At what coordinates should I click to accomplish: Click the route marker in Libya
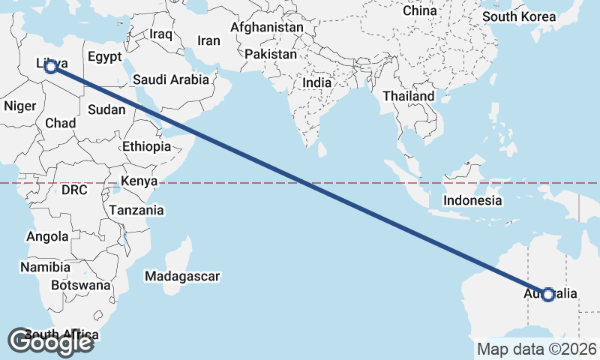51,67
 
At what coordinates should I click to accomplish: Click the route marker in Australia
548,295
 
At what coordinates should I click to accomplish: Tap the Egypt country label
104,57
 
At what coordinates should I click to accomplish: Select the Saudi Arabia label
170,79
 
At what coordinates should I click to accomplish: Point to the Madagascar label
183,276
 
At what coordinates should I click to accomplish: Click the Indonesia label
472,200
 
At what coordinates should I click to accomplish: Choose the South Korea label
519,16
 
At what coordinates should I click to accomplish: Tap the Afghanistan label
267,28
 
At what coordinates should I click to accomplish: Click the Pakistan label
271,55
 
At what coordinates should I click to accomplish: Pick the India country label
317,83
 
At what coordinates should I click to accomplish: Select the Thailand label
408,96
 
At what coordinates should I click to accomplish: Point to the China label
419,10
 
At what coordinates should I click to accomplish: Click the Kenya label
139,181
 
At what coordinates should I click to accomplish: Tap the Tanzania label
136,211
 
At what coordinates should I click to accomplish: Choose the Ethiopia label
146,146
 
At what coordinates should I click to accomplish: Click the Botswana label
81,285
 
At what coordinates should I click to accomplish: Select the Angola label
47,237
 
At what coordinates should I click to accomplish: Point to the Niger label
19,106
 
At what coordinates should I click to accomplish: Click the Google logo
51,342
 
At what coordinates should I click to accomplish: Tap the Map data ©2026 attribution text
537,349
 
